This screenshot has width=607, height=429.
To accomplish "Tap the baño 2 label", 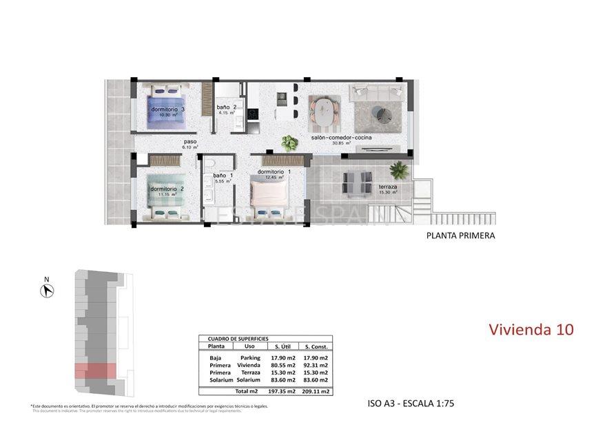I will [x=227, y=107].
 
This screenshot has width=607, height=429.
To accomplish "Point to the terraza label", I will [x=387, y=187].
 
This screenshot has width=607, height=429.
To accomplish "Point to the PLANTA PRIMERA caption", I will [x=460, y=236].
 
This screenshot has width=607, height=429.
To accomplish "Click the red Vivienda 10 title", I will [x=531, y=330].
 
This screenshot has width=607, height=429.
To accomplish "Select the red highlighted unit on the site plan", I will [x=95, y=370].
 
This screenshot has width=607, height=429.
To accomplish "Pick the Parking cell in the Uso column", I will [x=249, y=358].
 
